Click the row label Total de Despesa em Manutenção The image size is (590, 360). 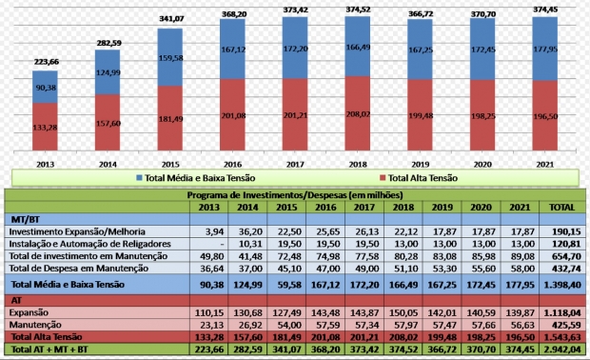(90, 269)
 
